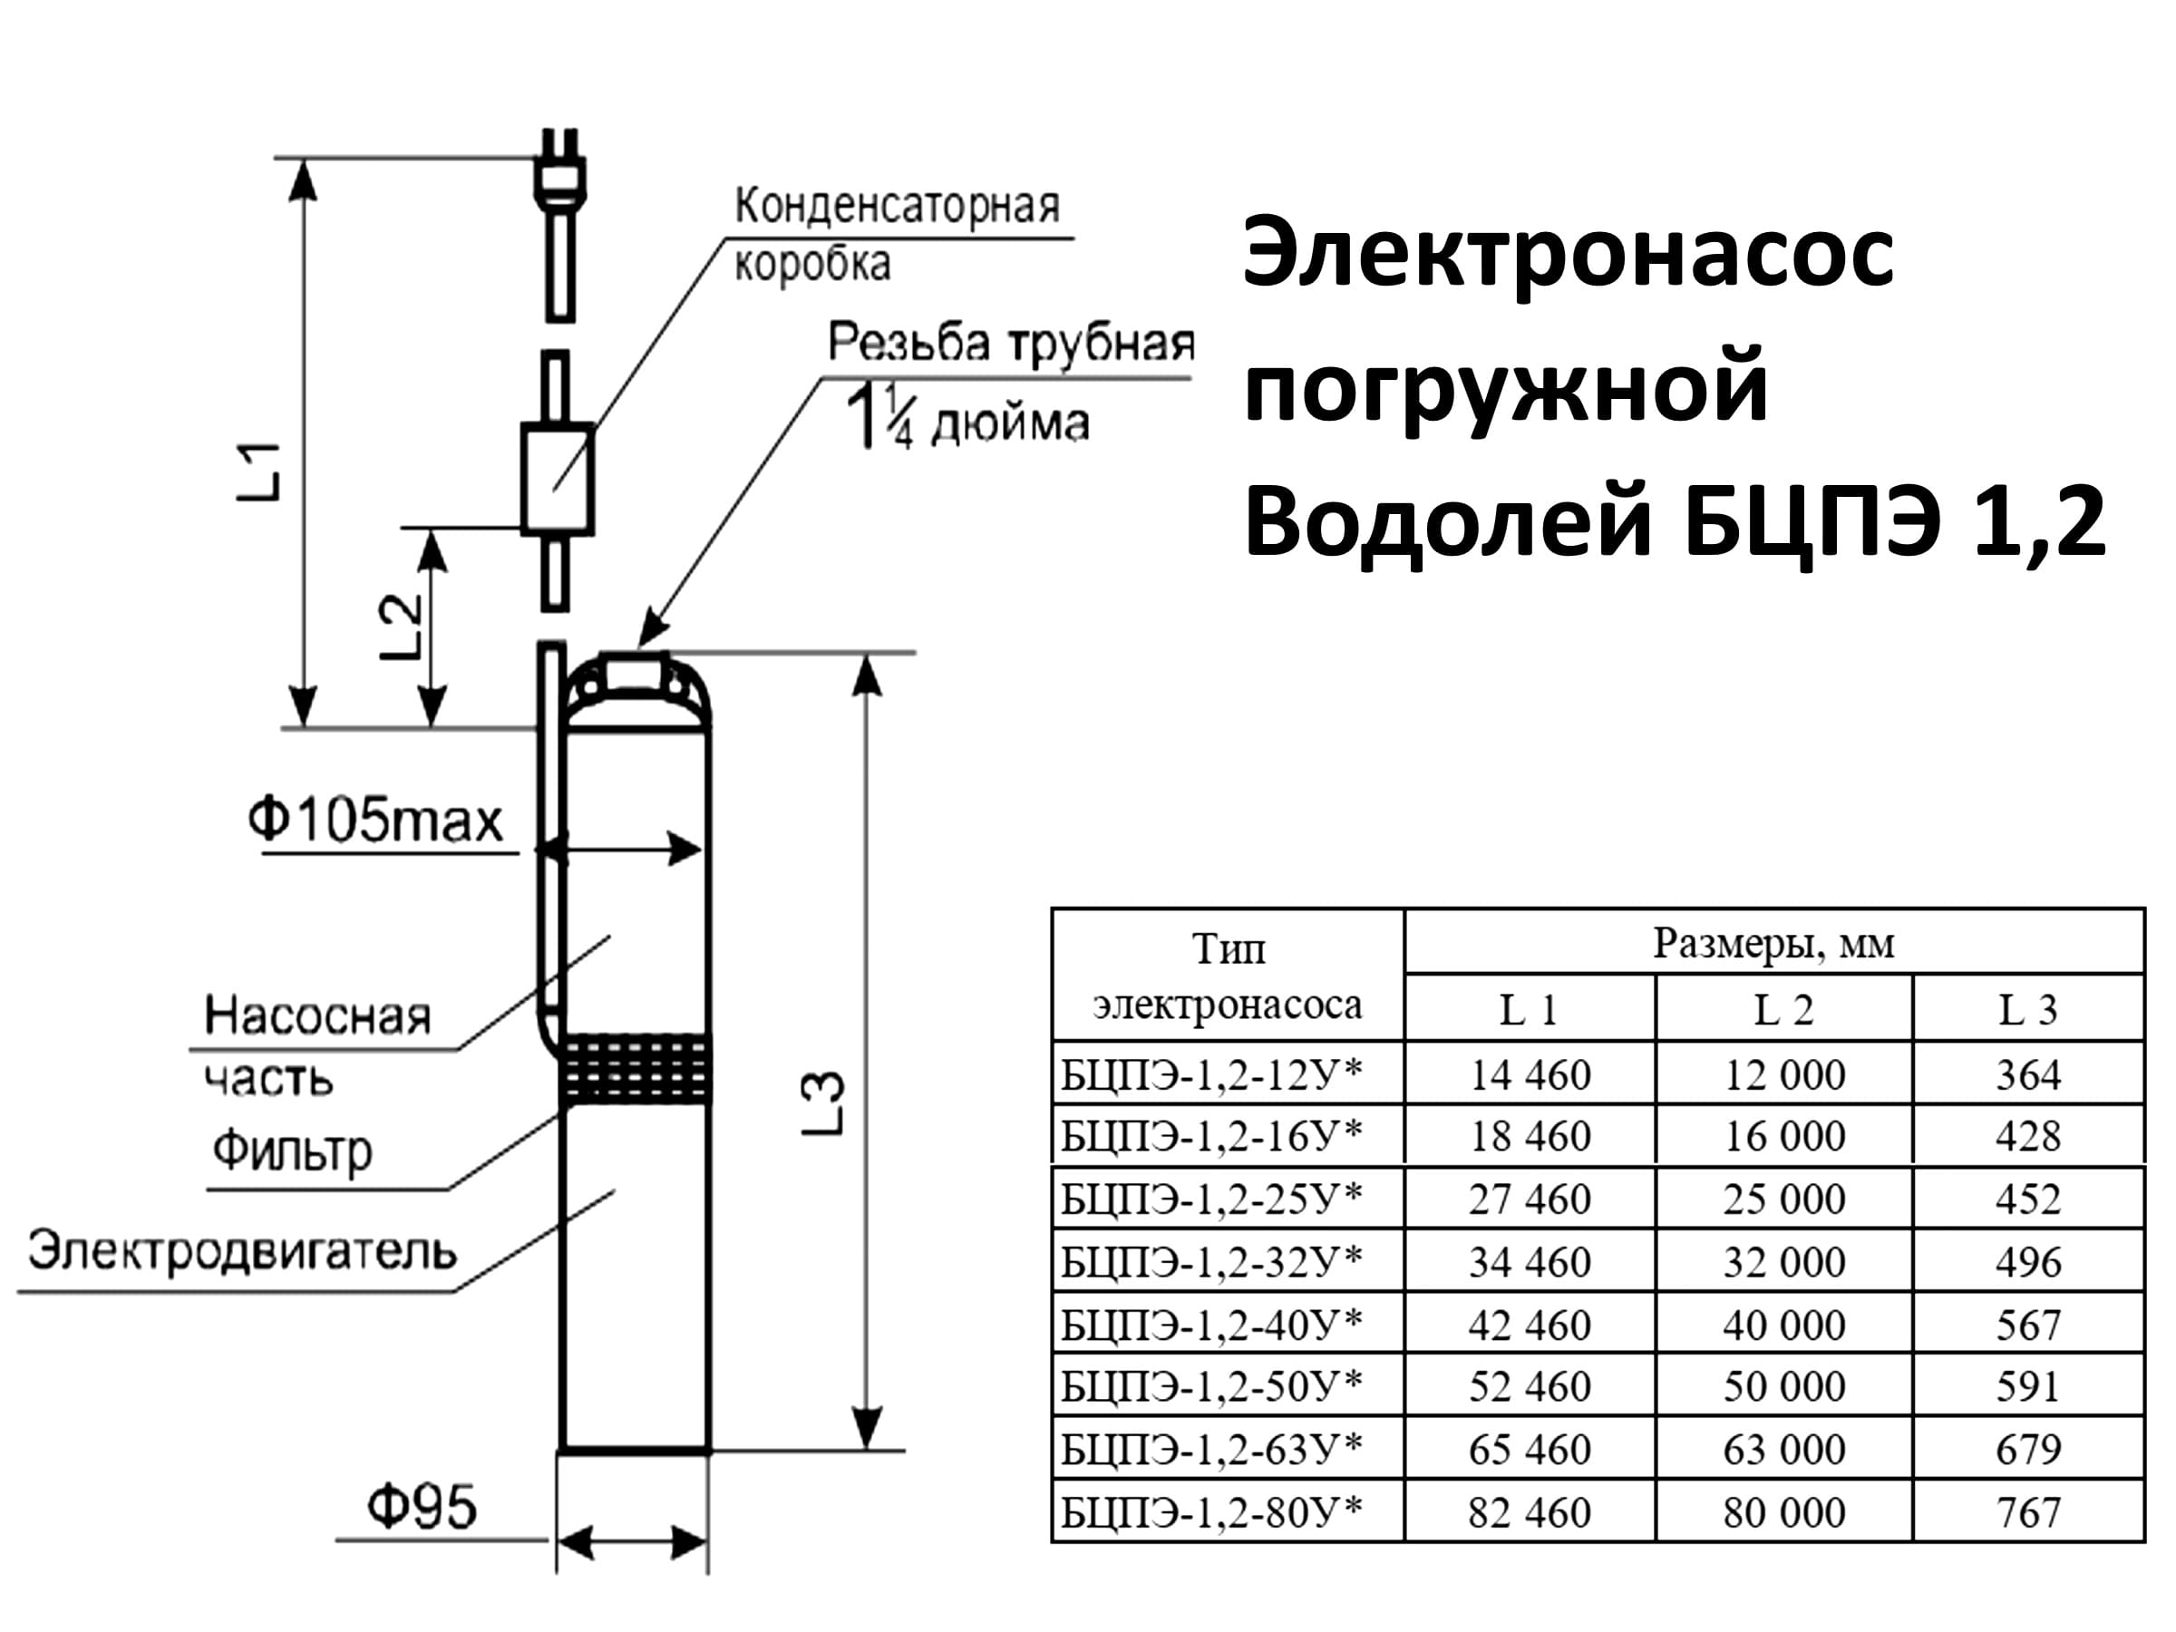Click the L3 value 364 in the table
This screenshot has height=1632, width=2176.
point(2027,1074)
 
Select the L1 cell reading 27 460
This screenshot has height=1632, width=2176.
point(1530,1200)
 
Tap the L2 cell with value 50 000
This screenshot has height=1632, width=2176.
point(1784,1386)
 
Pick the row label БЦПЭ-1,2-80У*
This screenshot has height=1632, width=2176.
point(1212,1511)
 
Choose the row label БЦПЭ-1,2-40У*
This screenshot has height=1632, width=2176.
point(1212,1324)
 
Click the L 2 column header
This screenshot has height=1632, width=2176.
point(1783,1010)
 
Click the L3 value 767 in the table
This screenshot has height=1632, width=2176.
point(2027,1512)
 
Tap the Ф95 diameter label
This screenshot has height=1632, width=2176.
point(421,1507)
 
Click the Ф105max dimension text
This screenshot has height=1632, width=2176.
point(374,821)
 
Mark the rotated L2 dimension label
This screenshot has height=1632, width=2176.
point(402,627)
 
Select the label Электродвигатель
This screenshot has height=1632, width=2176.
point(242,1252)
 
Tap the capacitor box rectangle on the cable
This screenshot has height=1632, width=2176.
point(557,479)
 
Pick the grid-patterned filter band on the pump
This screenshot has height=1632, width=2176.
point(636,1068)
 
